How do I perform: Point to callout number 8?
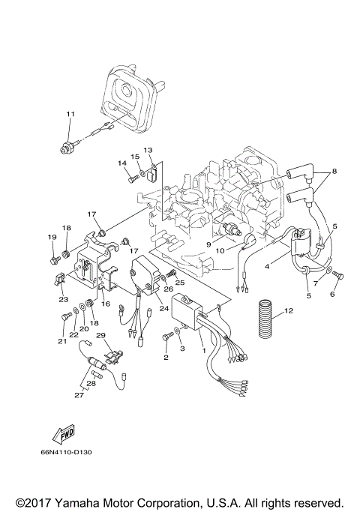(x=334, y=171)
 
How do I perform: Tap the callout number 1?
(x=202, y=350)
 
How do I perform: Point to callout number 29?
(x=100, y=336)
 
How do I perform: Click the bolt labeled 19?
(x=52, y=260)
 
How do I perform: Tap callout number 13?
(x=148, y=150)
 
